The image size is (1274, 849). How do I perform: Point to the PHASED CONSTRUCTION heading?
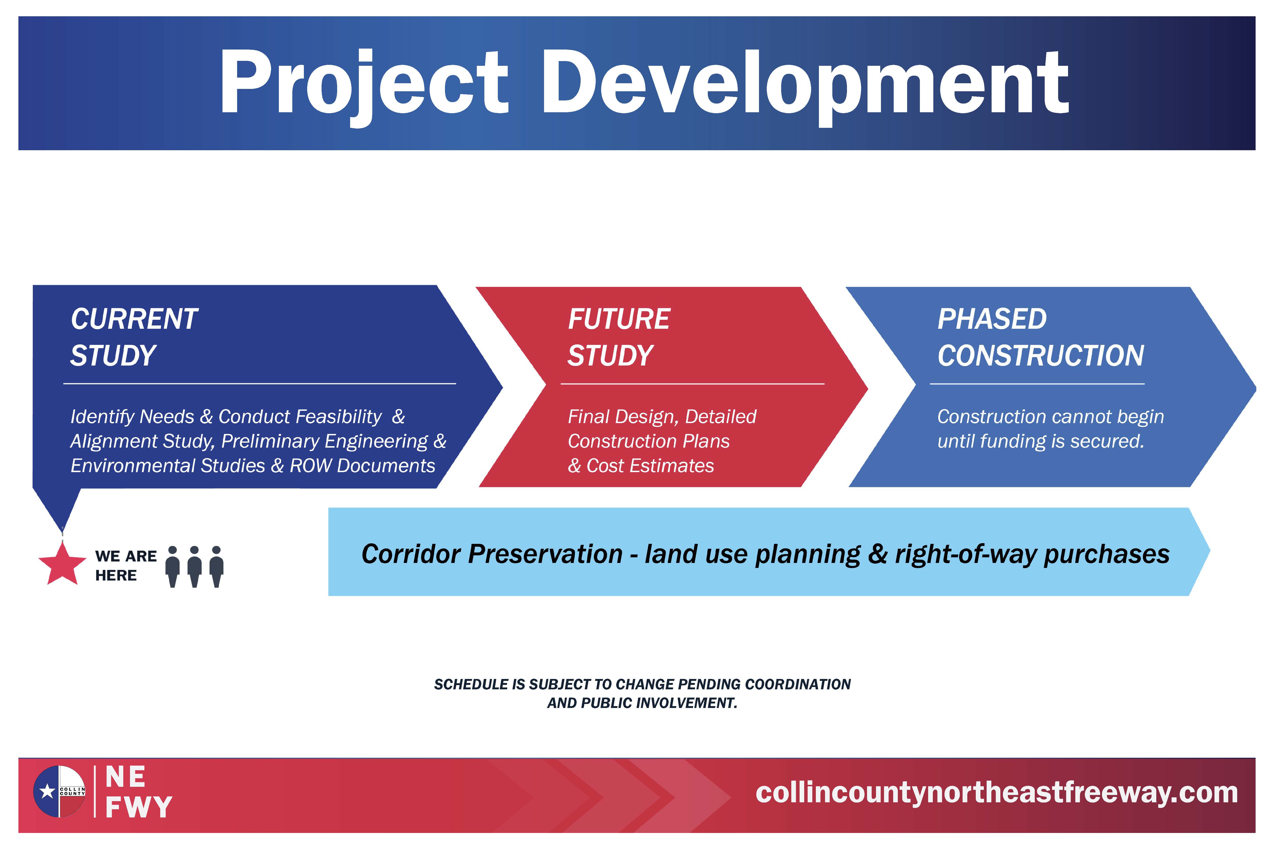pyautogui.click(x=1040, y=337)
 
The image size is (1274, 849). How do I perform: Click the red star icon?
pyautogui.click(x=62, y=564)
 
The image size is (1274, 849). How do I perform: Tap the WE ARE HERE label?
pyautogui.click(x=126, y=565)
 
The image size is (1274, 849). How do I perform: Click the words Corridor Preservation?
pyautogui.click(x=492, y=554)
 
